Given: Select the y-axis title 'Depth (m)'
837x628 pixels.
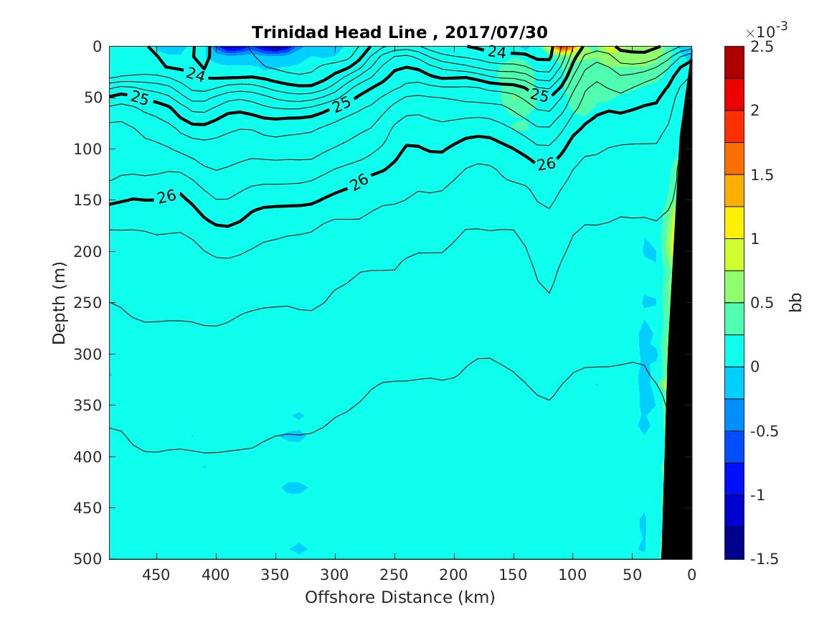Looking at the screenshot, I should [60, 303].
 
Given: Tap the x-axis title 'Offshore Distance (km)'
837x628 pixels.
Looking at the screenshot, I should [400, 597].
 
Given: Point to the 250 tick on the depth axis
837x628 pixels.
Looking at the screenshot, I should [91, 303].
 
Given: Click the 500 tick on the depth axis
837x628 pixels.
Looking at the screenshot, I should [91, 559].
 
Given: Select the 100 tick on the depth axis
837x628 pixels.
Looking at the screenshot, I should [91, 149].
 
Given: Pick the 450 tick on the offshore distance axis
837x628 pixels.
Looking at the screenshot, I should [156, 575].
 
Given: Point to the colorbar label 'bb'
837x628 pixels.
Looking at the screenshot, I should [795, 303].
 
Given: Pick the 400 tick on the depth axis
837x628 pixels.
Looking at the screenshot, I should [91, 456].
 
